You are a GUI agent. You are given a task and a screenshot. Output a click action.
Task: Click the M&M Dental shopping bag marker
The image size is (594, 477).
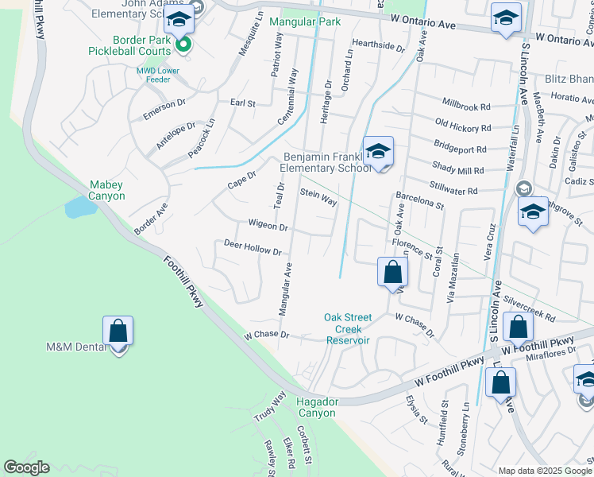pyautogui.click(x=118, y=331)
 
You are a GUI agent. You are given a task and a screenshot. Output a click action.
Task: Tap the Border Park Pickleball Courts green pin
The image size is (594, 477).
pyautogui.click(x=183, y=45)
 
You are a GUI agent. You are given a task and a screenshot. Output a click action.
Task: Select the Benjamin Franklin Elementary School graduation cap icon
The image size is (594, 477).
pyautogui.click(x=379, y=150)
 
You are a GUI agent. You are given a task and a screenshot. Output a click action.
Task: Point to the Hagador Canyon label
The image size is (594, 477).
pyautogui.click(x=316, y=407)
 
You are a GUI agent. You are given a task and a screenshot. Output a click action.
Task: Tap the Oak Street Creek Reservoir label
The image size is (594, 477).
pyautogui.click(x=342, y=328)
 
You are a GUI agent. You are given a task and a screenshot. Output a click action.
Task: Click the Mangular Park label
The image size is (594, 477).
pyautogui.click(x=305, y=21)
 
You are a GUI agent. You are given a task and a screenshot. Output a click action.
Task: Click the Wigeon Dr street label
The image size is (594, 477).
pyautogui.click(x=268, y=227)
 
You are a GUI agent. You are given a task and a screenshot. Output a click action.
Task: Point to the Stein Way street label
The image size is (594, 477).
pyautogui.click(x=318, y=197)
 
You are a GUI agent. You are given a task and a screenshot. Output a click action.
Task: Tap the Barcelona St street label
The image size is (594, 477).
pyautogui.click(x=419, y=199)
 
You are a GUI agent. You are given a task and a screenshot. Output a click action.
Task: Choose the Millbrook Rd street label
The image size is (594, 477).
pyautogui.click(x=467, y=106)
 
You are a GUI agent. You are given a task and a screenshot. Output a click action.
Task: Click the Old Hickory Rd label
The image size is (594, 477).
pyautogui.click(x=464, y=126)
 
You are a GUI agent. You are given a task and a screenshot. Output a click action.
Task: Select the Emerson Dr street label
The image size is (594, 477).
pyautogui.click(x=164, y=109)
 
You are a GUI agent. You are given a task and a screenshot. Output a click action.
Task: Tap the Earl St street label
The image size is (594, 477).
pyautogui.click(x=242, y=103)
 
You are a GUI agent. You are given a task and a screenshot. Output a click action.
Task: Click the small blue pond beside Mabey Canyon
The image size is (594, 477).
pyautogui.click(x=79, y=207)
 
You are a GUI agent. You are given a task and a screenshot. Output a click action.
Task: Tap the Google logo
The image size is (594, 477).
pyautogui.click(x=26, y=467)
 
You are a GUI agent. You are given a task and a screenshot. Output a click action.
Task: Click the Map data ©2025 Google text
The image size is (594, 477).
pyautogui.click(x=544, y=471)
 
